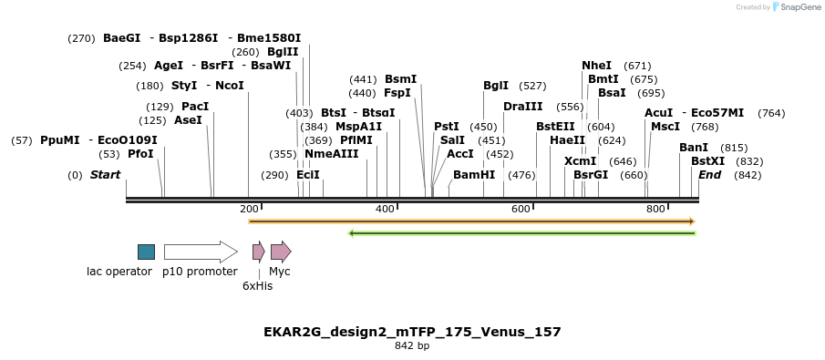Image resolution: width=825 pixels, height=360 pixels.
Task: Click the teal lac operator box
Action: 146,252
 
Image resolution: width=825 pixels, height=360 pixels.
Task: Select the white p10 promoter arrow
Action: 200,252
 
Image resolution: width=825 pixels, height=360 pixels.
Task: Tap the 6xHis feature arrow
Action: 258,252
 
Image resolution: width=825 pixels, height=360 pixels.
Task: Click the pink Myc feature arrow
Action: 281,252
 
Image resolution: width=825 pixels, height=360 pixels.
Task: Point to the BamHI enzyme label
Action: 474,175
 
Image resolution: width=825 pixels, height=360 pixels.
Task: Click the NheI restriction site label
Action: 596,66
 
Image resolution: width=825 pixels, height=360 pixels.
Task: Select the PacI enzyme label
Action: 195,107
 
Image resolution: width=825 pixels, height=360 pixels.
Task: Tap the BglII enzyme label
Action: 283,52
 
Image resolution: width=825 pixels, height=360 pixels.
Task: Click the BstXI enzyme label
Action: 707,161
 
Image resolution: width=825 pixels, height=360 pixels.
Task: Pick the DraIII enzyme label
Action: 522,107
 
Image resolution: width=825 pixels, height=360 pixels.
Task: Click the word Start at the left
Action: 105,175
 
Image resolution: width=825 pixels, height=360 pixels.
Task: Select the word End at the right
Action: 710,175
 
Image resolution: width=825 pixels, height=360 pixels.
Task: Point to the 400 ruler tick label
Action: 385,210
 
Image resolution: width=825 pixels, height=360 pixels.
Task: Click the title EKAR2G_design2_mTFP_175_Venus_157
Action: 412,332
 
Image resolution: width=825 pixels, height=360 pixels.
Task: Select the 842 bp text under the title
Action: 412,346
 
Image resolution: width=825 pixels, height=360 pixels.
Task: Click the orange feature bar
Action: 471,221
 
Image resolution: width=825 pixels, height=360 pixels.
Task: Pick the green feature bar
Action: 522,233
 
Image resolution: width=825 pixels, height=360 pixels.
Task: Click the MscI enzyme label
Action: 665,127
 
